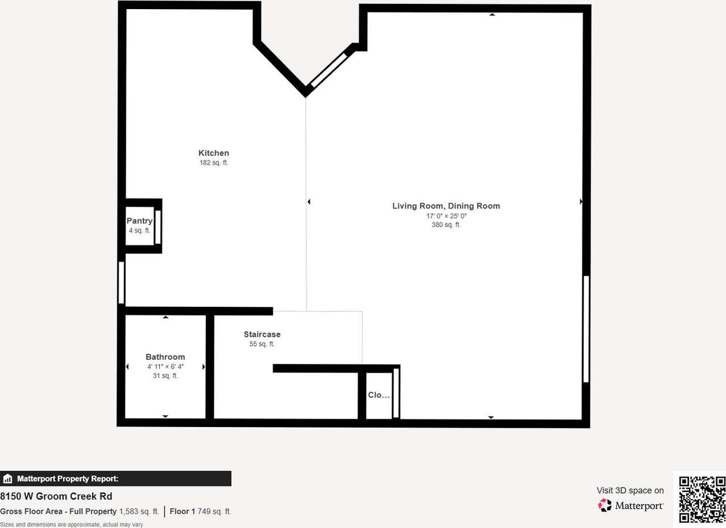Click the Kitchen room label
coord(214,153)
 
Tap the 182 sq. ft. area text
coord(214,163)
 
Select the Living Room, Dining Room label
coord(446,206)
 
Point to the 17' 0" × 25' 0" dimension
coord(446,216)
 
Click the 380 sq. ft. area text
coord(446,225)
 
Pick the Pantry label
coord(139,221)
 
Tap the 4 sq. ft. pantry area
coord(139,230)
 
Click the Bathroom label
coord(165,357)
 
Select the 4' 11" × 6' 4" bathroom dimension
coord(165,367)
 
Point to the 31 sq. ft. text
coord(165,375)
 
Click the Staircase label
coord(262,335)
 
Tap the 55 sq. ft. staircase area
coord(262,344)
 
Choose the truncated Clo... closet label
coord(378,395)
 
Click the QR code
coord(702,499)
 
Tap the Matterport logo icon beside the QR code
coord(605,505)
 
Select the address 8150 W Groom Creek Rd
coord(56,497)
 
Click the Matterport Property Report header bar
coord(116,479)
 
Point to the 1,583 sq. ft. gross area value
coord(139,512)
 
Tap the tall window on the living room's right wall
coord(586,329)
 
